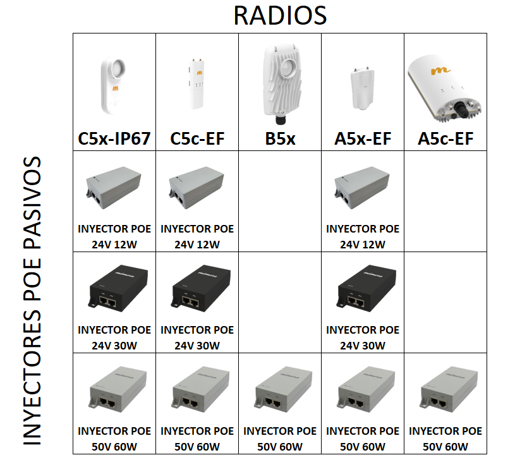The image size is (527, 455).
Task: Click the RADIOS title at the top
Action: pos(280,15)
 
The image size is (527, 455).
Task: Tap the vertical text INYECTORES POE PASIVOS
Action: pos(32,301)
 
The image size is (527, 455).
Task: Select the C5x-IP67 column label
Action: pos(114,138)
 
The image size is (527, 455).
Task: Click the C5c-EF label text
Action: pos(197,138)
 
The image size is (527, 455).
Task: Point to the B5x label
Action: pos(280,138)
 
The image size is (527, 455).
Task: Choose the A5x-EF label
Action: pos(363,138)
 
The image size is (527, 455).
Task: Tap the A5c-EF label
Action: pos(445,138)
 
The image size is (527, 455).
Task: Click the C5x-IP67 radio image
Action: pos(113,86)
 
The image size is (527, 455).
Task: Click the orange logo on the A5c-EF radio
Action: pos(440,71)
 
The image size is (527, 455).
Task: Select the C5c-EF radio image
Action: pos(197,83)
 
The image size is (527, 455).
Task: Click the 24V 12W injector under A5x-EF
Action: pos(362,187)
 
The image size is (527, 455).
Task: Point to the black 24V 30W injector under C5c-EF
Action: pos(202,288)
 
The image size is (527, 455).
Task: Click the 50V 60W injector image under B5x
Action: pos(284,389)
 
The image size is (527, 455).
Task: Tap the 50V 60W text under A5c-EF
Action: pos(445,447)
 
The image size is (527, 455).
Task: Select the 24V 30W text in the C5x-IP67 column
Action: pos(114,346)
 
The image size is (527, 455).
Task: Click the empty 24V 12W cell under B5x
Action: pos(280,202)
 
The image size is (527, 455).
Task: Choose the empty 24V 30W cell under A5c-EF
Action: pos(445,303)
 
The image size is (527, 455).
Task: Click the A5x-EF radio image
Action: pos(362,88)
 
